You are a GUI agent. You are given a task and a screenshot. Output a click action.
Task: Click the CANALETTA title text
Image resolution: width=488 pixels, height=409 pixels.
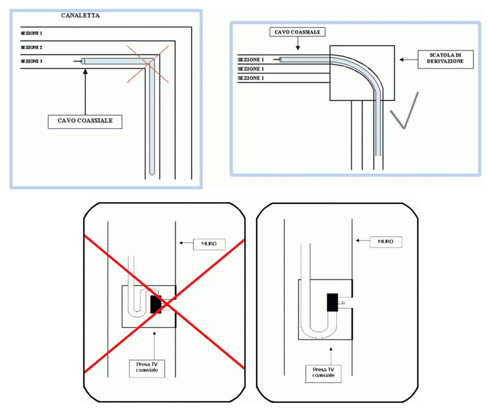pos(80,15)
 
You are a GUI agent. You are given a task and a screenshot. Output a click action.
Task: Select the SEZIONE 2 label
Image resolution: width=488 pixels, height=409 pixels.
pos(31,47)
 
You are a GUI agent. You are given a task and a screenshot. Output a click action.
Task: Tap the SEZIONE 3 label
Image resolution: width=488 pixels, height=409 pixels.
pos(31,61)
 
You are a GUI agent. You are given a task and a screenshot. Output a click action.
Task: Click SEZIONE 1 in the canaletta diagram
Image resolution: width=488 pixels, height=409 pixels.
pos(31,33)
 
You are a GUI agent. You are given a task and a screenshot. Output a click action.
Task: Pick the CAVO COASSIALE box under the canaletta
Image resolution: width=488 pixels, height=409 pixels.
pos(85,121)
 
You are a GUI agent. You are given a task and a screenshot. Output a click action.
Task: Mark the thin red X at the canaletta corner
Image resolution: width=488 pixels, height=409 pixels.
pos(148,64)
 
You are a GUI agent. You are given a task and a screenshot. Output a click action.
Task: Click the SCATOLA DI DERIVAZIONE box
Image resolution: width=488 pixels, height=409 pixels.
pos(445,59)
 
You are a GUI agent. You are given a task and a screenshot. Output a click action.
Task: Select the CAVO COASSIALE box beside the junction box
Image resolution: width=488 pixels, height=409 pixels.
pos(297,32)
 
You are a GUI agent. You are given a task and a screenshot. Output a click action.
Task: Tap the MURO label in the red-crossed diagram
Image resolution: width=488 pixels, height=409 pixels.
pos(209,244)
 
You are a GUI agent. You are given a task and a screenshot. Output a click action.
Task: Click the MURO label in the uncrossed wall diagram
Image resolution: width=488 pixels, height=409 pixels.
pos(386,241)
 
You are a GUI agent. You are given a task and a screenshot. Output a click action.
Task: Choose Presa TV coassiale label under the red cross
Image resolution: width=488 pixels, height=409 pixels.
pos(147,368)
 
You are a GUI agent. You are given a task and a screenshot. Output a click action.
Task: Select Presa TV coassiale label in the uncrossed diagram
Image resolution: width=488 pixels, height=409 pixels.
pos(323,373)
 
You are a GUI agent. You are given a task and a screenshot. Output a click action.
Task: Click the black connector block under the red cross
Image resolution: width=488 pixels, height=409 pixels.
pos(155,304)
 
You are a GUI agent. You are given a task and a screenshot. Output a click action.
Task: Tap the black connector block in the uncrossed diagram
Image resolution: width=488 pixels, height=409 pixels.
pos(332,302)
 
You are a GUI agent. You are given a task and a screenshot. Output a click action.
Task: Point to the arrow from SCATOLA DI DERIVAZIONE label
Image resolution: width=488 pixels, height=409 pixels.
pos(408,60)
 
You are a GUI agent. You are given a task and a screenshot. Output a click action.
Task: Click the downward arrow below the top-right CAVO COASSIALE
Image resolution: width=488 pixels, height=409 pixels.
pos(298,44)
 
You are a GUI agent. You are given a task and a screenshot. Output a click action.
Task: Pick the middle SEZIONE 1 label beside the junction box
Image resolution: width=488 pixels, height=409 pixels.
pos(251,69)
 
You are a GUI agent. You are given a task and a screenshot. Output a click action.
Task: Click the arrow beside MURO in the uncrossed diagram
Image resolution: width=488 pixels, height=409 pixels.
pos(362,240)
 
